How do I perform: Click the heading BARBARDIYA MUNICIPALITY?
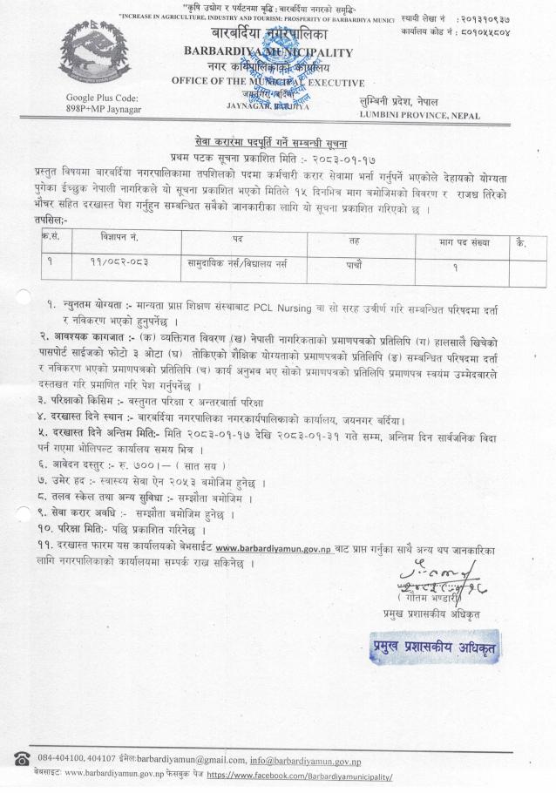(x=269, y=52)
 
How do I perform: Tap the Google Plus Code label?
(x=102, y=98)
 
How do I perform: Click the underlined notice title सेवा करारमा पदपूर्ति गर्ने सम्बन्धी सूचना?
(x=278, y=139)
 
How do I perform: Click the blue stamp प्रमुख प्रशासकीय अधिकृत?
(x=432, y=646)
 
